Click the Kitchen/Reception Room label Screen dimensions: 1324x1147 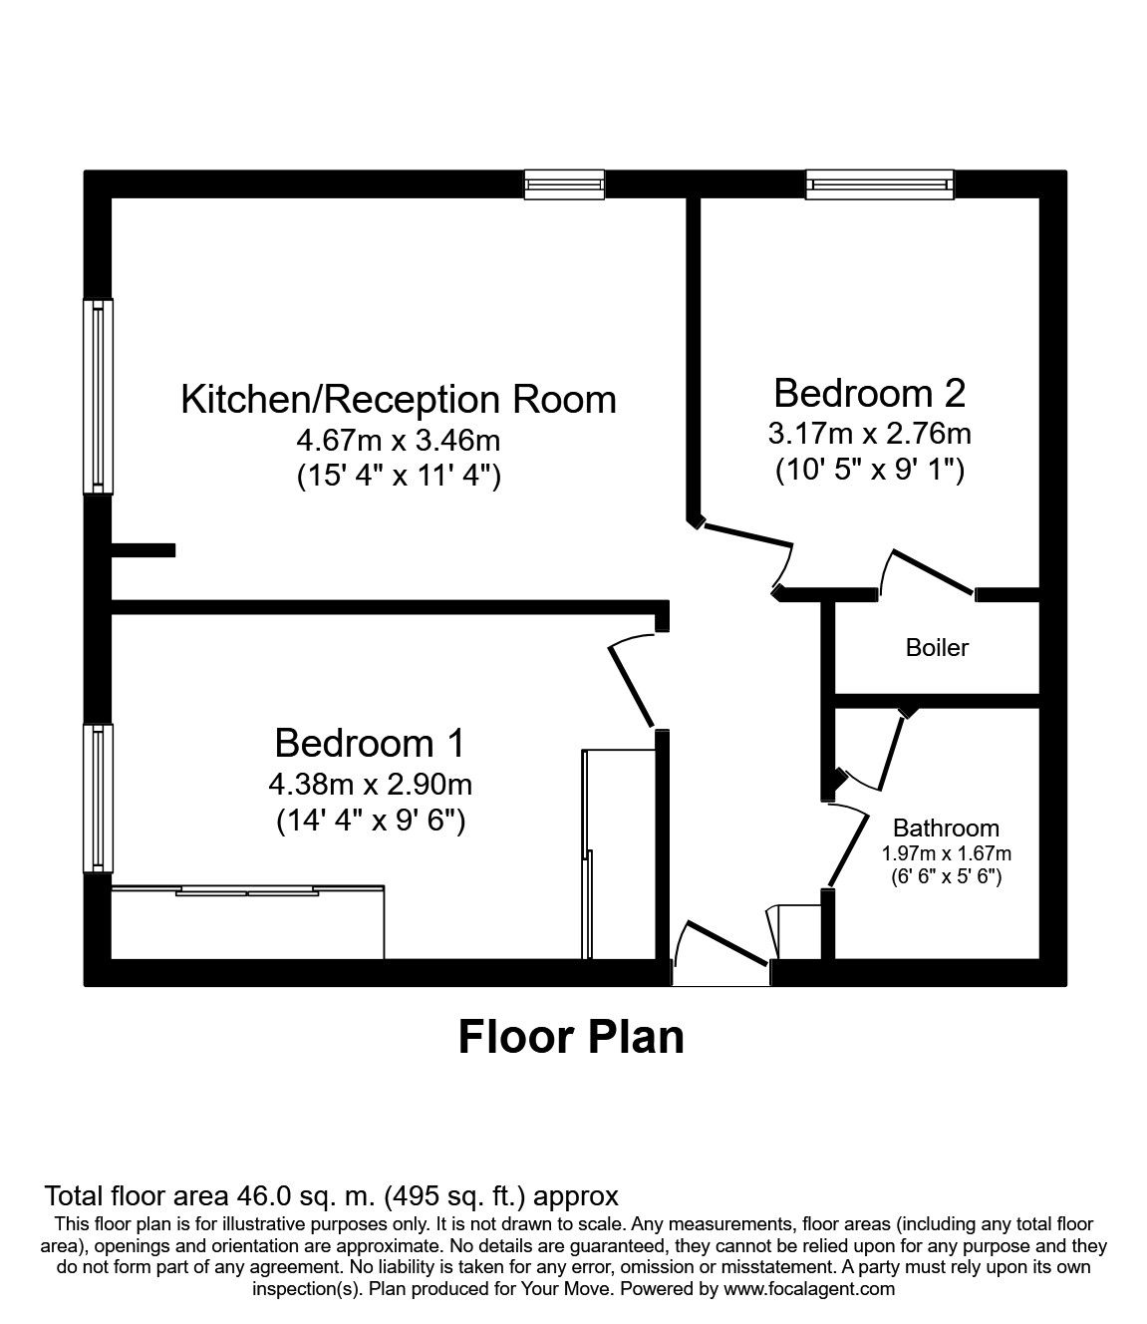399,399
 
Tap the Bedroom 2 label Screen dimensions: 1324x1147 869,393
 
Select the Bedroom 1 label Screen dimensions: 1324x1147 370,743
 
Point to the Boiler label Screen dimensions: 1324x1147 937,648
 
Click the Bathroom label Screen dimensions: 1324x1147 946,827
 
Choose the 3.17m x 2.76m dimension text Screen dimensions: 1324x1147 870,434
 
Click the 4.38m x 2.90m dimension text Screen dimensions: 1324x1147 370,785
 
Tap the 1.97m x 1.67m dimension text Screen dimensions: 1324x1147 946,854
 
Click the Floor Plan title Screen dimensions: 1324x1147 571,1037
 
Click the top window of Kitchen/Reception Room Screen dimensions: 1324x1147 565,184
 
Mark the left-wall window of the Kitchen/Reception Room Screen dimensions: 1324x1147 98,396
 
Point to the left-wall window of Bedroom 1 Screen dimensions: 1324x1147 98,796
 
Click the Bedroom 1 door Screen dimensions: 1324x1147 631,683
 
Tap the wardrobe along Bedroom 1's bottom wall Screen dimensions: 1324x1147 247,922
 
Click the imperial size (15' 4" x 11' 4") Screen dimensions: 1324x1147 399,477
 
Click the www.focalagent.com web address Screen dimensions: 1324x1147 810,1289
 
